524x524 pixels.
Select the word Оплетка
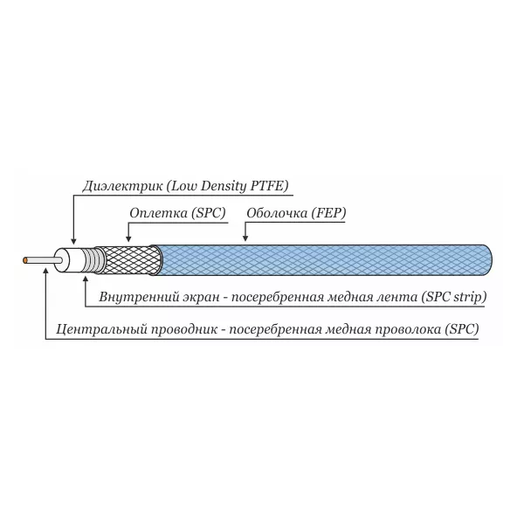tap(158, 213)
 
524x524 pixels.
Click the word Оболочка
tap(277, 213)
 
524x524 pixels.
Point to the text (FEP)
tap(328, 213)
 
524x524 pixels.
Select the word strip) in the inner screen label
tap(470, 297)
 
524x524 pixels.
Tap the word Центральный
tap(101, 329)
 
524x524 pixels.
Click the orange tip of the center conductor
tap(24, 260)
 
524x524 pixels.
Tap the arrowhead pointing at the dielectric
tap(74, 241)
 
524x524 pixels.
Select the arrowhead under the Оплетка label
tap(128, 238)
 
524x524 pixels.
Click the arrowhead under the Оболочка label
tap(245, 238)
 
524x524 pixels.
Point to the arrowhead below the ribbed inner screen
tap(86, 279)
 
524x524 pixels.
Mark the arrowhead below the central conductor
tap(45, 271)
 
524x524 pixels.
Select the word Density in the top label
tap(224, 186)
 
